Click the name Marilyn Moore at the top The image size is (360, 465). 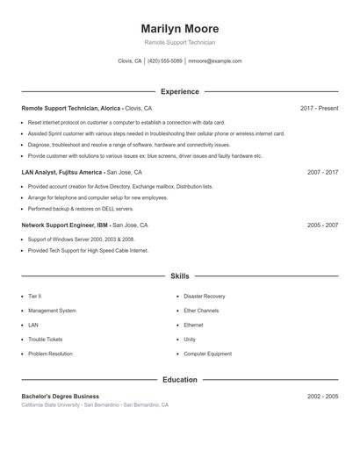point(180,29)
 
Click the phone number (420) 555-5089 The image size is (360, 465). point(165,61)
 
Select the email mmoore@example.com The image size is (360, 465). point(215,61)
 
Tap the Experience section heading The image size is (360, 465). point(180,91)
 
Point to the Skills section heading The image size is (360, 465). point(180,276)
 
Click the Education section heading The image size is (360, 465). point(180,380)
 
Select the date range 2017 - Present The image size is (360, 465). point(319,108)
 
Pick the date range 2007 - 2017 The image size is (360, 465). point(322,173)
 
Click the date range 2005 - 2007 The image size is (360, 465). point(322,225)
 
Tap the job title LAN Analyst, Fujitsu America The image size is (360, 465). point(62,173)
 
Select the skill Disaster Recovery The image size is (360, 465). point(204,297)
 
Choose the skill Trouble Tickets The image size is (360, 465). point(45,340)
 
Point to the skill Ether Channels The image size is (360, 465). point(201,311)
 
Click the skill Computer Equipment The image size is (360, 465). point(207,354)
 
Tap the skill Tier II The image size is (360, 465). point(34,297)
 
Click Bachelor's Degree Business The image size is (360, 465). point(60,397)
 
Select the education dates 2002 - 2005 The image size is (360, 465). point(322,397)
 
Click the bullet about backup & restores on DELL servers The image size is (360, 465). point(81,210)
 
